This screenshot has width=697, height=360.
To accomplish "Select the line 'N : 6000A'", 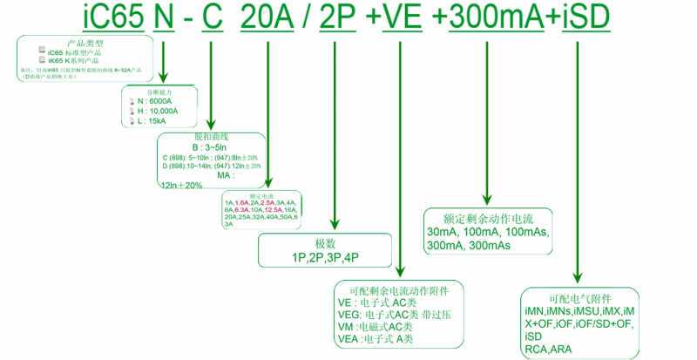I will (156, 101).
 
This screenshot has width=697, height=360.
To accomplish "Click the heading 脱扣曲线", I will (210, 138).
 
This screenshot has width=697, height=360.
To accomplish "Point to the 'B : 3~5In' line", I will (209, 147).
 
